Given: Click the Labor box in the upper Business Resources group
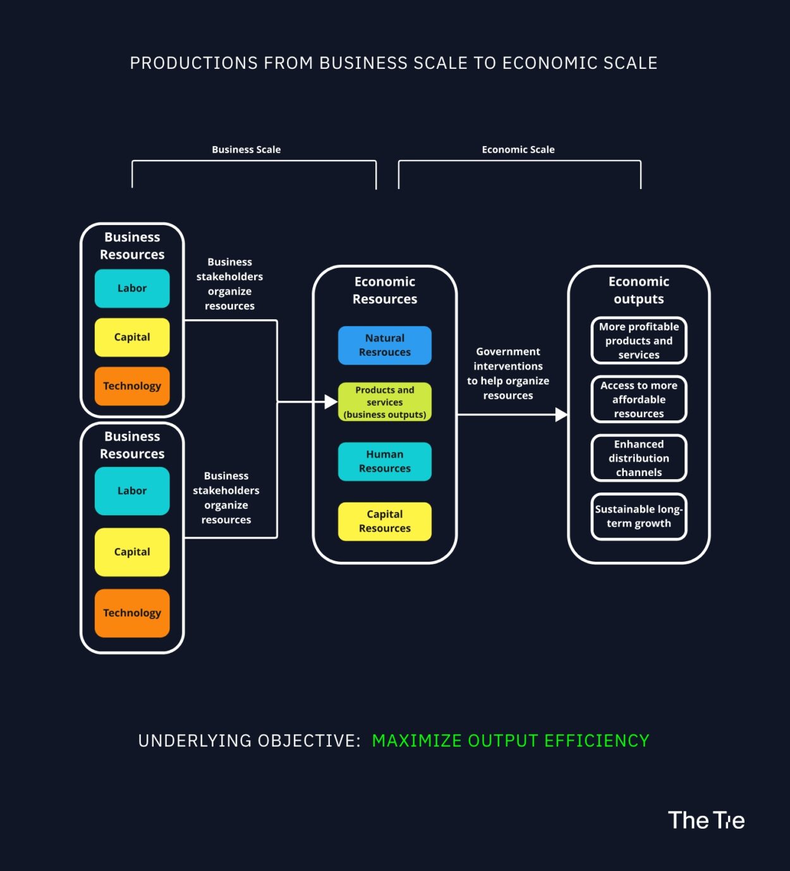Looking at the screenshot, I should [x=132, y=288].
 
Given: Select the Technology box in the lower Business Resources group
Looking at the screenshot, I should [x=132, y=612].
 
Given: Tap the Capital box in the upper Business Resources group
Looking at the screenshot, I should [x=132, y=337].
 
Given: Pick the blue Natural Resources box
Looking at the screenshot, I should [x=384, y=345].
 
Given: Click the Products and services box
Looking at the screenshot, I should [x=384, y=402].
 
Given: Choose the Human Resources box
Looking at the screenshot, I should [x=384, y=461].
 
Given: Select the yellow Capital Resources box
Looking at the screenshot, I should [x=384, y=521].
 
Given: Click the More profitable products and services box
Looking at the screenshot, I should [x=638, y=341].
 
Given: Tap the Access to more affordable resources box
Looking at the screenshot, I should [x=638, y=399].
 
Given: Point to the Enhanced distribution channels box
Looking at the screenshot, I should [x=638, y=458].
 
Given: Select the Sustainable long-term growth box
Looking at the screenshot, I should [x=638, y=516].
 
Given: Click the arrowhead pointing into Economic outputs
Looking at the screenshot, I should [x=561, y=415].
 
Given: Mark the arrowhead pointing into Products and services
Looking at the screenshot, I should [x=331, y=401].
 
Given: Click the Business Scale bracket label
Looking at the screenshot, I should [x=246, y=150].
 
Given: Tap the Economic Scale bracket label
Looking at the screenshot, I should [x=518, y=150].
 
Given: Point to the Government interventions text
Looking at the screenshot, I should [x=507, y=374].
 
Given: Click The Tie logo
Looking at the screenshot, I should [x=706, y=820].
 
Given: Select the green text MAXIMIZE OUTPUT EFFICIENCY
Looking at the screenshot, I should [x=510, y=741].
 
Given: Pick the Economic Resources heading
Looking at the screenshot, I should [x=384, y=290].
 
